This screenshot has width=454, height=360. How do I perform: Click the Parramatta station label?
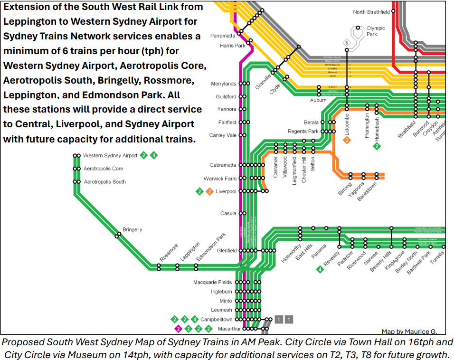click(x=223, y=36)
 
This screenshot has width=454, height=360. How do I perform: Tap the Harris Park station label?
click(x=232, y=46)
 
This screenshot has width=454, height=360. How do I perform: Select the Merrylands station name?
click(x=223, y=84)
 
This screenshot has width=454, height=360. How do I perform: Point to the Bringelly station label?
click(x=132, y=229)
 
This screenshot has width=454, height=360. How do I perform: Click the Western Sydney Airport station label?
click(x=110, y=155)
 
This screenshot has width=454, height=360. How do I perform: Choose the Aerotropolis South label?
click(x=104, y=182)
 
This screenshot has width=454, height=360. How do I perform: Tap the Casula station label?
click(x=228, y=213)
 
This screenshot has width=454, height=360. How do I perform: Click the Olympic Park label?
click(x=376, y=31)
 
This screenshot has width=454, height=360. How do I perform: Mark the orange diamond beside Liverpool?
click(x=209, y=191)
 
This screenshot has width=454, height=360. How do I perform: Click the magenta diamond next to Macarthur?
click(x=178, y=328)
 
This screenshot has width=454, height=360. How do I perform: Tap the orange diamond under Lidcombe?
click(x=347, y=140)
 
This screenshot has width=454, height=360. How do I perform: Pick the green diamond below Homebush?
click(x=377, y=146)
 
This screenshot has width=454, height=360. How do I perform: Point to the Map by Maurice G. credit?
click(x=409, y=332)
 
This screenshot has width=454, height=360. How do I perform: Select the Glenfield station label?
click(x=227, y=250)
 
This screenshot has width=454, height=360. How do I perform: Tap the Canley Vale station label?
click(x=223, y=135)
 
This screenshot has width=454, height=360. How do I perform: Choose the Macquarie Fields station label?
click(x=212, y=282)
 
